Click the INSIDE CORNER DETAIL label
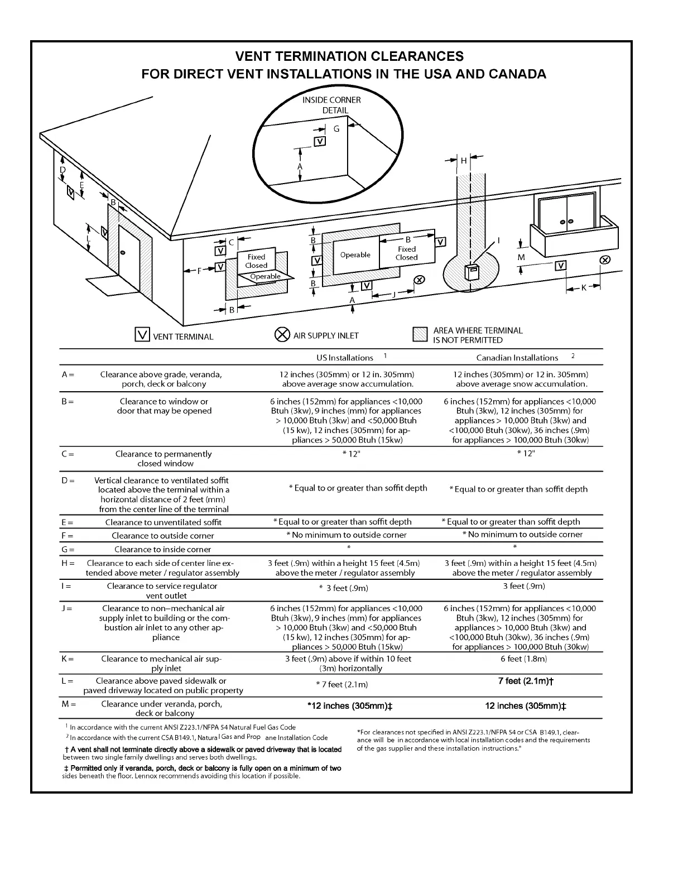pos(331,105)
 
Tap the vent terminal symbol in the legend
pos(143,335)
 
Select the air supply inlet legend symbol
pos(282,335)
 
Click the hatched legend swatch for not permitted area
pos(420,334)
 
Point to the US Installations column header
pos(344,358)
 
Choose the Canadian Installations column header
pos(517,358)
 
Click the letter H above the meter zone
pos(463,161)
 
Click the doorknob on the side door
pos(123,253)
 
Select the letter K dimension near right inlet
pos(584,287)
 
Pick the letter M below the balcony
pos(521,257)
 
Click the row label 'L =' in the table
pos(68,681)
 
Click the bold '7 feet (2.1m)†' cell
pos(526,681)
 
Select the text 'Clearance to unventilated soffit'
pos(163,522)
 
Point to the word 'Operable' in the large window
pos(355,255)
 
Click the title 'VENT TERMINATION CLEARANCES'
pos(349,56)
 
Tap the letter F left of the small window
pos(199,271)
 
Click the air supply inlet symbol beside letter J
pos(420,280)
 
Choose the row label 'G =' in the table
pos(68,550)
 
